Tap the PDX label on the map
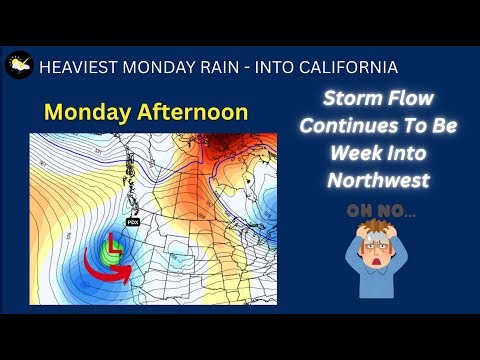pos(132,222)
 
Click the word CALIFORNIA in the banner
pos(342,67)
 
